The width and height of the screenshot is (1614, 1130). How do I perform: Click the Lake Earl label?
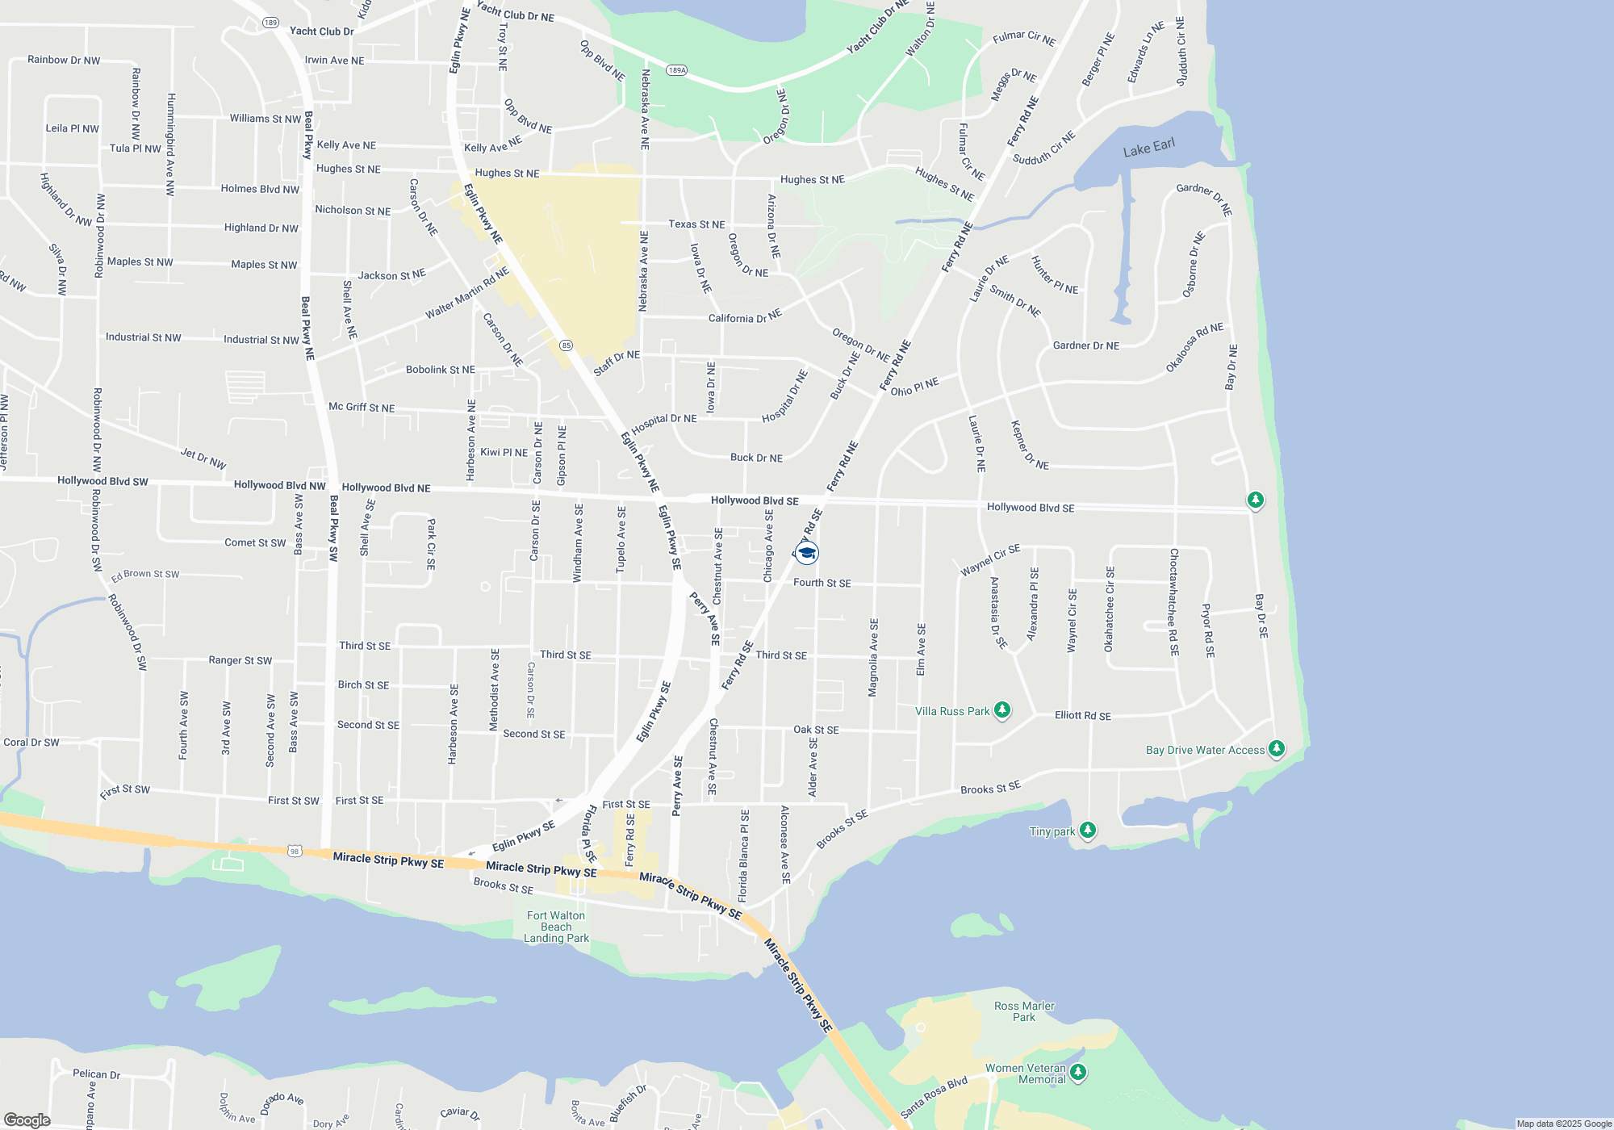[1148, 148]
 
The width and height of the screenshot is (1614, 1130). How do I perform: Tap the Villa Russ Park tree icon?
[1001, 709]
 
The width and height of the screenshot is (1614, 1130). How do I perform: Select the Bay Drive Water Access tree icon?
[1276, 748]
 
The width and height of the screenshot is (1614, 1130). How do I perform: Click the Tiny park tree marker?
[1087, 830]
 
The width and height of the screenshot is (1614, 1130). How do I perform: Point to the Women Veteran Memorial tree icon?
[1077, 1072]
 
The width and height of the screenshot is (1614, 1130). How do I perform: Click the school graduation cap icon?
[806, 553]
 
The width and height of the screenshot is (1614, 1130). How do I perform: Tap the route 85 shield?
[566, 345]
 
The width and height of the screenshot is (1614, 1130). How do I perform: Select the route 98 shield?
[295, 851]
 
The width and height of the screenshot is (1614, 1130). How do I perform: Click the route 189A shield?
[676, 70]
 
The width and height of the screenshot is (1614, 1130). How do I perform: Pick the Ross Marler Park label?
[1024, 1011]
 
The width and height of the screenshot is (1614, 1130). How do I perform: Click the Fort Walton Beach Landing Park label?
[556, 927]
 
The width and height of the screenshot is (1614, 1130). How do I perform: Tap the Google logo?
[27, 1120]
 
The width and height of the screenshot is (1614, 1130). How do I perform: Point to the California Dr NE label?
[745, 317]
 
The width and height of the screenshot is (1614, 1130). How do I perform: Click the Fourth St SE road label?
[822, 583]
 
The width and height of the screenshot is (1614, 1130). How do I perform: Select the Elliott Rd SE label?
[1082, 716]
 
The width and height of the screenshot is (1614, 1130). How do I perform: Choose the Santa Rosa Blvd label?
[934, 1098]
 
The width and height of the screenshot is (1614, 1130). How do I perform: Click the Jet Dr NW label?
[203, 458]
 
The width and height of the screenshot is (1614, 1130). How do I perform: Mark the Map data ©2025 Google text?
[1563, 1124]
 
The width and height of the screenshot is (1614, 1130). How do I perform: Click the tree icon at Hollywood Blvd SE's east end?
[1255, 500]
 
